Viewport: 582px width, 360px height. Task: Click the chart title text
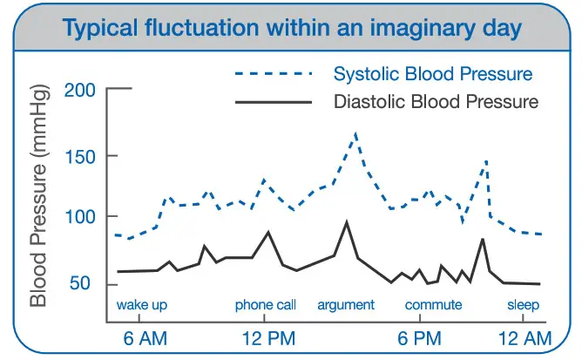[292, 29]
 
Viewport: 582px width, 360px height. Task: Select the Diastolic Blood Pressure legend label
[436, 102]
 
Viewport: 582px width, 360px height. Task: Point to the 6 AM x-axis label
[140, 337]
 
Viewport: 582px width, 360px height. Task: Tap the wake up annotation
[141, 305]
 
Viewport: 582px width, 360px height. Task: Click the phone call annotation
[266, 305]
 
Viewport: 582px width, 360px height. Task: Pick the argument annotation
[346, 305]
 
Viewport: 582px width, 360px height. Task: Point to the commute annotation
[433, 305]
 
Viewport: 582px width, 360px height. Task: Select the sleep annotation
[524, 305]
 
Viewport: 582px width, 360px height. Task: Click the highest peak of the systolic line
[355, 133]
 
